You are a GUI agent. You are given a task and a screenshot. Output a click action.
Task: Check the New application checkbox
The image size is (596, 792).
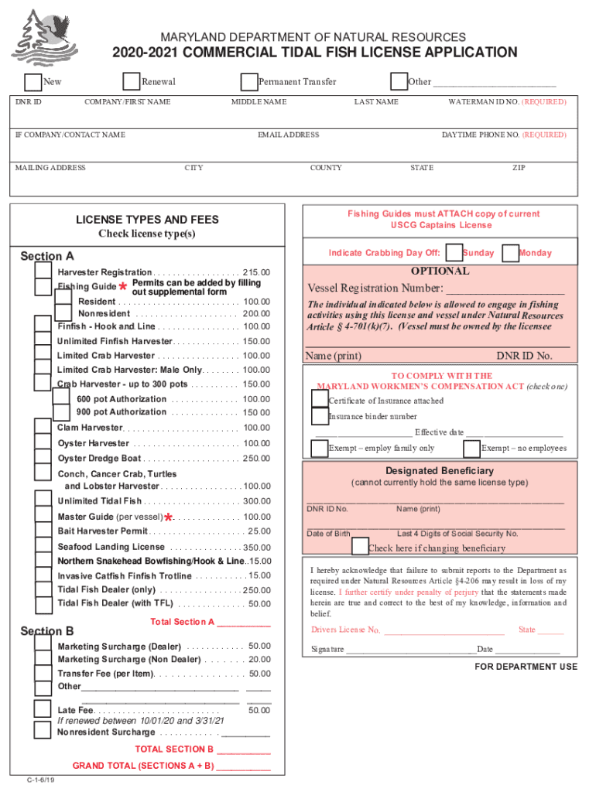coord(33,82)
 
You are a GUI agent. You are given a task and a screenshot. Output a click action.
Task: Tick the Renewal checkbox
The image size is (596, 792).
coord(132,82)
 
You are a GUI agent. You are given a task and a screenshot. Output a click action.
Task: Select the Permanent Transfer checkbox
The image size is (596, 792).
coord(248,82)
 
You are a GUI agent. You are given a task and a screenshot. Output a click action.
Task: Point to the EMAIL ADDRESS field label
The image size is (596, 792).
coord(288,135)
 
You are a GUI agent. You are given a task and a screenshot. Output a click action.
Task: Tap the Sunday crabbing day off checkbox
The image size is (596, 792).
coord(454,253)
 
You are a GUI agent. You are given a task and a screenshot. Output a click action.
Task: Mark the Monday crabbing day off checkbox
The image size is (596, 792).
coord(510,253)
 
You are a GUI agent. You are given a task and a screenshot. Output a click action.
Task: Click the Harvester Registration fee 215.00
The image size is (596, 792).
coord(256,273)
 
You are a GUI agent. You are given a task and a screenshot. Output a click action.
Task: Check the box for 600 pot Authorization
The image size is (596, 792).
coord(62,398)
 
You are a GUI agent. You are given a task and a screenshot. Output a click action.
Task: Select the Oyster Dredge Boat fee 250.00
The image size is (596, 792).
coord(256,459)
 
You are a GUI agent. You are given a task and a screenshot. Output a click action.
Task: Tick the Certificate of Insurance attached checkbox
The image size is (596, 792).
coord(319,398)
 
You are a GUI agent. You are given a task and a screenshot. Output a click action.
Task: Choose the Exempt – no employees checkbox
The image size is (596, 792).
coord(471,449)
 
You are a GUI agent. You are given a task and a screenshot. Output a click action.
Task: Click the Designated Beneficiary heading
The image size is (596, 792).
coord(439,471)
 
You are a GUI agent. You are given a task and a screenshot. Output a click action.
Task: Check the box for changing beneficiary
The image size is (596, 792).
coord(360,547)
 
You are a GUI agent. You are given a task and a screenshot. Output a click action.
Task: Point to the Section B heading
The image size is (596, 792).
coord(47,631)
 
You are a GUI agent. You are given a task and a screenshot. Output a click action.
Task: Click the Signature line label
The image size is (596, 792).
coord(327,649)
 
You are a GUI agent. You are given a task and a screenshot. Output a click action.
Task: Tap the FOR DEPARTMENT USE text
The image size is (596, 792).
coord(526,667)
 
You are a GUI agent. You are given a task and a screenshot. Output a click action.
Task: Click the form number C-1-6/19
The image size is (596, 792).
coord(40,780)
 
